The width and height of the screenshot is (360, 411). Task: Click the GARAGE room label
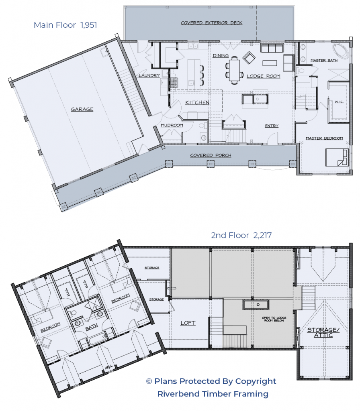pos(82,109)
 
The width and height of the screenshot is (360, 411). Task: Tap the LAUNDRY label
pos(149,75)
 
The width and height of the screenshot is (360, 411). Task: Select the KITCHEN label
pos(197,103)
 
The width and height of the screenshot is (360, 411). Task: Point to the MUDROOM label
pos(172,125)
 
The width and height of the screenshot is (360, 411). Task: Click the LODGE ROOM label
pos(263,76)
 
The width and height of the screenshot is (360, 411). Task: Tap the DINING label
pos(221,56)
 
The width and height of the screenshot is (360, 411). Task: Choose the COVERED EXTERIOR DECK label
pos(211,23)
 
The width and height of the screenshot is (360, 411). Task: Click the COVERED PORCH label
pos(211,155)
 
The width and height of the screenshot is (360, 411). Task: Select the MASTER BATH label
pos(323,61)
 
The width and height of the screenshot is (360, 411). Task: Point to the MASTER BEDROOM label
pos(324,138)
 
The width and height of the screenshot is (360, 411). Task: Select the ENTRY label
pos(272,126)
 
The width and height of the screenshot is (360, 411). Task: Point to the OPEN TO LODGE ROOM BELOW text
pos(273,320)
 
